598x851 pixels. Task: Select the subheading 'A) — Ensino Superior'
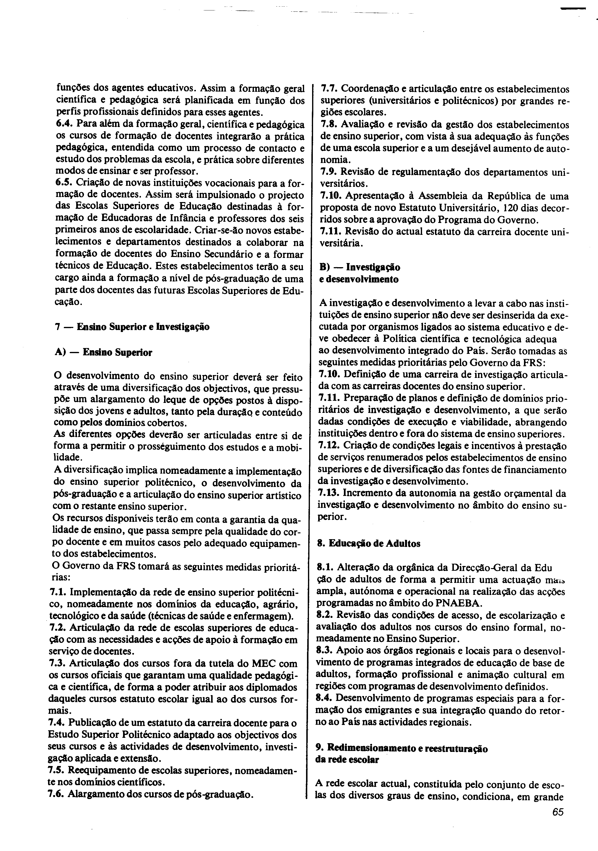pyautogui.click(x=103, y=352)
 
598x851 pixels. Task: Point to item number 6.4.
pyautogui.click(x=64, y=124)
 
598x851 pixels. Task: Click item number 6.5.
pyautogui.click(x=64, y=183)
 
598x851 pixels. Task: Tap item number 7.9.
pyautogui.click(x=328, y=172)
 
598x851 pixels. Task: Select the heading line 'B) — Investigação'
pyautogui.click(x=359, y=267)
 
